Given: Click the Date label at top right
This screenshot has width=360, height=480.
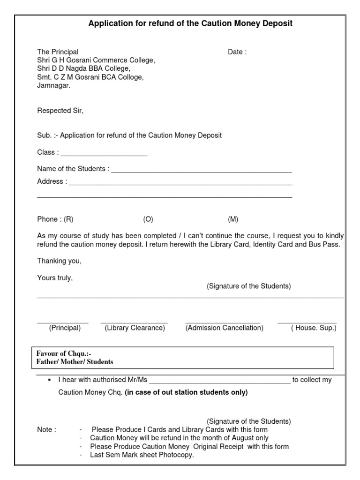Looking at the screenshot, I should tap(237, 52).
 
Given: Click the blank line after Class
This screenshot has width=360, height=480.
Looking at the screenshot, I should tap(104, 155).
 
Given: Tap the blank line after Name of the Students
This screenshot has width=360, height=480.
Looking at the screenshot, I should tap(201, 172).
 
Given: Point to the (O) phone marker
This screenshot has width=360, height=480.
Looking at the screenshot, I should tap(148, 219).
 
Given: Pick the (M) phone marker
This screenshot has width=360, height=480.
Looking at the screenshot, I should tap(233, 219).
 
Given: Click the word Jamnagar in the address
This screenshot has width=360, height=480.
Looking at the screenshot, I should tap(54, 86).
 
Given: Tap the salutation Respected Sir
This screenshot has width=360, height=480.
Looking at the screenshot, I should tap(60, 111).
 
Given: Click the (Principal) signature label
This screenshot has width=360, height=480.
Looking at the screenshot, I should tap(65, 328).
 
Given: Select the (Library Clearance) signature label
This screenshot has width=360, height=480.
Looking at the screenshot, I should tap(135, 328).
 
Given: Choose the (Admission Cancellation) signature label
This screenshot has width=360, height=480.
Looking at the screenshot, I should tap(225, 328).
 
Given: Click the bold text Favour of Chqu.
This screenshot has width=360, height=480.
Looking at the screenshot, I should tap(64, 354).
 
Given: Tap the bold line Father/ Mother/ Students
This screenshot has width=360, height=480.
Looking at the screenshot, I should tap(75, 362).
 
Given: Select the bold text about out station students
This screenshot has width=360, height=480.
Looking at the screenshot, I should tap(186, 393).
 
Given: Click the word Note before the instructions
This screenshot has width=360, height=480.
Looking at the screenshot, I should tap(46, 430).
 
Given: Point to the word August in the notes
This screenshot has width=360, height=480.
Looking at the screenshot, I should tap(244, 438).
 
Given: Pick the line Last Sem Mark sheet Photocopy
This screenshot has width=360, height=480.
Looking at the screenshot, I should tap(142, 455).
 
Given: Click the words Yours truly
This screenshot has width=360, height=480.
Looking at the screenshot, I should tap(55, 278).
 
